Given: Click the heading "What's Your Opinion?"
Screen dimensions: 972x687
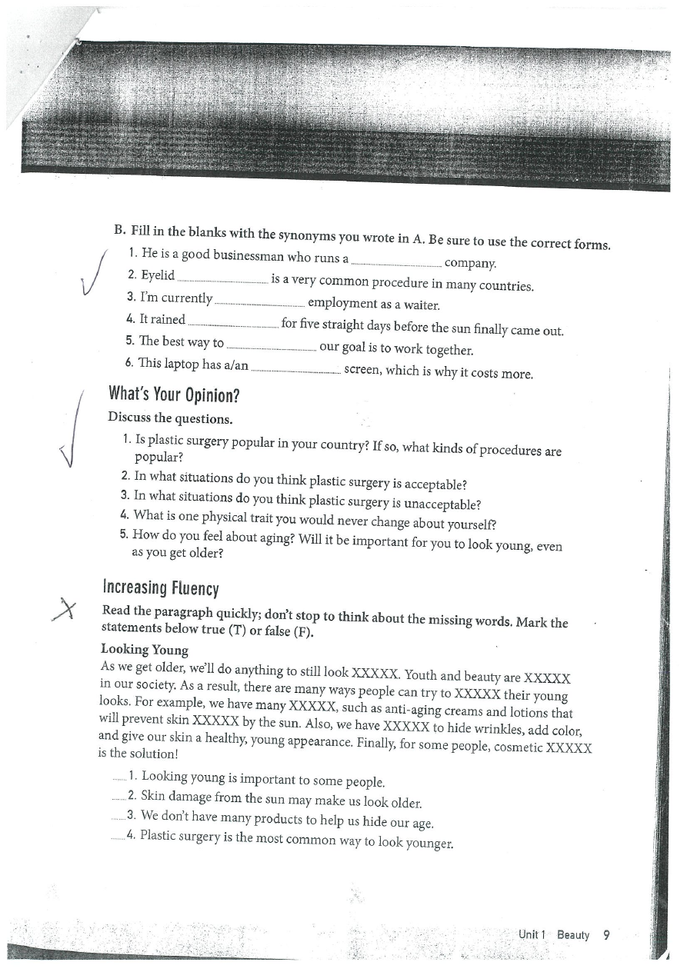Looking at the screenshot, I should tap(175, 396).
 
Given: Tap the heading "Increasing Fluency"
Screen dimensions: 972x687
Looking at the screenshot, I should tap(161, 588).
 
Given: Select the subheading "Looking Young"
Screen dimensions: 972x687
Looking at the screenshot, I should tap(145, 651).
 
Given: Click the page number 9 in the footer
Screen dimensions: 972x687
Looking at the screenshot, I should tap(606, 935).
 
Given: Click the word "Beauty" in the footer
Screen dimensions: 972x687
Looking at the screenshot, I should tap(573, 935).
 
